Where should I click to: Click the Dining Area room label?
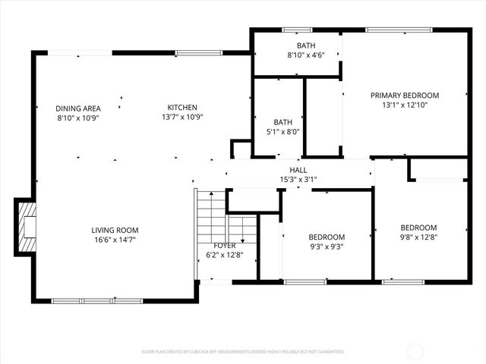[x=78, y=108]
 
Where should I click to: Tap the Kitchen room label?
[x=182, y=108]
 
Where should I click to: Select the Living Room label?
[x=115, y=230]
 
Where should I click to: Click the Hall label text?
[x=298, y=170]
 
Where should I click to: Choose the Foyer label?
[x=224, y=245]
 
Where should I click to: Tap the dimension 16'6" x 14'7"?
[x=115, y=240]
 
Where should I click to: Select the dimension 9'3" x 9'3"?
[x=327, y=246]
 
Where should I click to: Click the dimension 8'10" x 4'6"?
[x=306, y=55]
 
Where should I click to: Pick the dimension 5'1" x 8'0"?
[x=282, y=131]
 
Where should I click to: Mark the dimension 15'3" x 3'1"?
[x=298, y=180]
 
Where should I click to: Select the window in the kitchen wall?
[x=188, y=53]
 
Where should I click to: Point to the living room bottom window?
[x=96, y=301]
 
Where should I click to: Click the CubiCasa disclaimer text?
[x=243, y=352]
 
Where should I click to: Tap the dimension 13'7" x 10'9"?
[x=182, y=117]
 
